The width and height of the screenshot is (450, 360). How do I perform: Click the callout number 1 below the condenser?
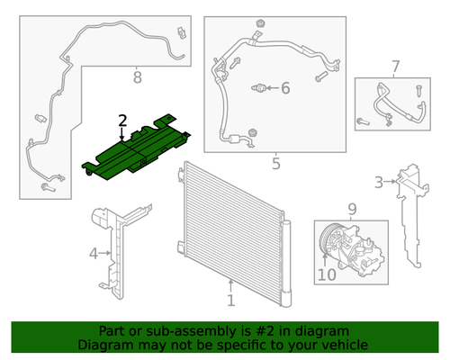pos(230,301)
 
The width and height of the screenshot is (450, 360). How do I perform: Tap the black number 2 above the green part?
pos(122,121)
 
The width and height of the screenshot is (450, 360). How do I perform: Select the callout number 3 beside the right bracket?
pos(379,182)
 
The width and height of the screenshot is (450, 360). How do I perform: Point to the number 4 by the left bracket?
pos(94,254)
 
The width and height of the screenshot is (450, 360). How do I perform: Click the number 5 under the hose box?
pos(276,164)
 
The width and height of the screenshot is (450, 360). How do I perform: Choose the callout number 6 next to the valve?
pos(285,88)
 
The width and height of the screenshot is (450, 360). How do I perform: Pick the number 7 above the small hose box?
pos(396,67)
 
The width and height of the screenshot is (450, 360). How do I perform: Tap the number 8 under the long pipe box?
pos(137,77)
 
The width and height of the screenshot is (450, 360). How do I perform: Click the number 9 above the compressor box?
pos(352,209)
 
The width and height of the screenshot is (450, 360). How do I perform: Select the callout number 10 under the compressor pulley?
pos(327,274)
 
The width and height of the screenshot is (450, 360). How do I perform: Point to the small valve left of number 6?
pos(258,88)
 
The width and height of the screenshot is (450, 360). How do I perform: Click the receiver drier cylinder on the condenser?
pos(286,264)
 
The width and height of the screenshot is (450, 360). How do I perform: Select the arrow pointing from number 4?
pos(104,253)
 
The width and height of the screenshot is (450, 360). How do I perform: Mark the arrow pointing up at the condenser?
pos(230,286)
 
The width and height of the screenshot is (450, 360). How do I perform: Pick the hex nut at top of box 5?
pos(260,23)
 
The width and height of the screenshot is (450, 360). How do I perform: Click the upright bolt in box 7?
pos(419,91)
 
